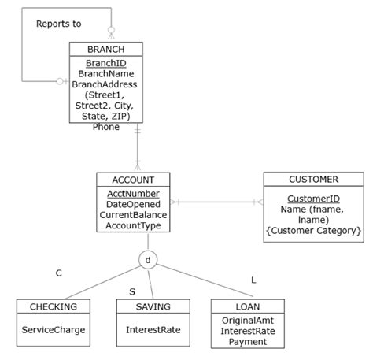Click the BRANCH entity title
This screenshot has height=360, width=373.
point(105,49)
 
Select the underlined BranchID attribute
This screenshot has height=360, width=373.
point(105,62)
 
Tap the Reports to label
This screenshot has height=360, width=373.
point(58,24)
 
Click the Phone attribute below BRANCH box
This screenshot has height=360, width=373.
point(106,127)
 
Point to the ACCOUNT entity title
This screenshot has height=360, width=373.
point(133,180)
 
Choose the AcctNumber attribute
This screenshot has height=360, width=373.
point(133,193)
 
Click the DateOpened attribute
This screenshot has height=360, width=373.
point(133,204)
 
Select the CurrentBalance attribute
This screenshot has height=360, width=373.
point(133,215)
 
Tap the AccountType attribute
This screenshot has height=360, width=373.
point(133,226)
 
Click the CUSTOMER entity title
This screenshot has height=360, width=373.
point(313,180)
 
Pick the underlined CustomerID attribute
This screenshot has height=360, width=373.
point(313,199)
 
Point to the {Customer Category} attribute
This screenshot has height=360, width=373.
point(313,232)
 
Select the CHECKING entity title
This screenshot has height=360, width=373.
point(54,306)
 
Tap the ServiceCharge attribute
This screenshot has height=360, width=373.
point(54,330)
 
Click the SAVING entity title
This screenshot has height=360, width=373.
point(153,306)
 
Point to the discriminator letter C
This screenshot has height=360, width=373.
point(58,273)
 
